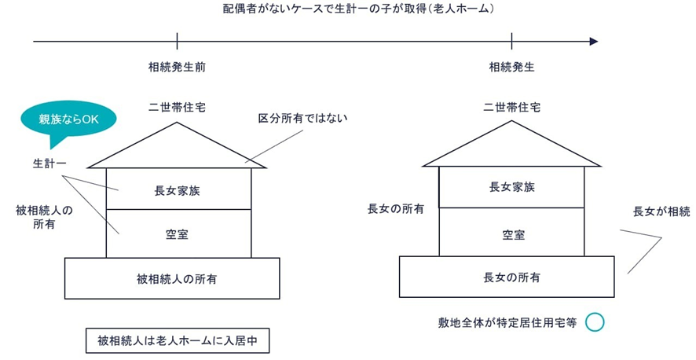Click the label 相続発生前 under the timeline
[178, 68]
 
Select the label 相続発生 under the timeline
[511, 68]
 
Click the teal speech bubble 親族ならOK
[68, 120]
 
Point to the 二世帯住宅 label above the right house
[511, 105]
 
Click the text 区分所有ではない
[302, 119]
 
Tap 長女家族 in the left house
[178, 189]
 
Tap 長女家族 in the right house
[511, 187]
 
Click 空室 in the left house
[178, 234]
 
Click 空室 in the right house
[511, 234]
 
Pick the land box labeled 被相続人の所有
[172, 278]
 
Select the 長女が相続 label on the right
[661, 211]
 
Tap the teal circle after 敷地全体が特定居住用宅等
[595, 322]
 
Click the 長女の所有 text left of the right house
[396, 209]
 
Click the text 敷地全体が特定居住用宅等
[507, 323]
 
